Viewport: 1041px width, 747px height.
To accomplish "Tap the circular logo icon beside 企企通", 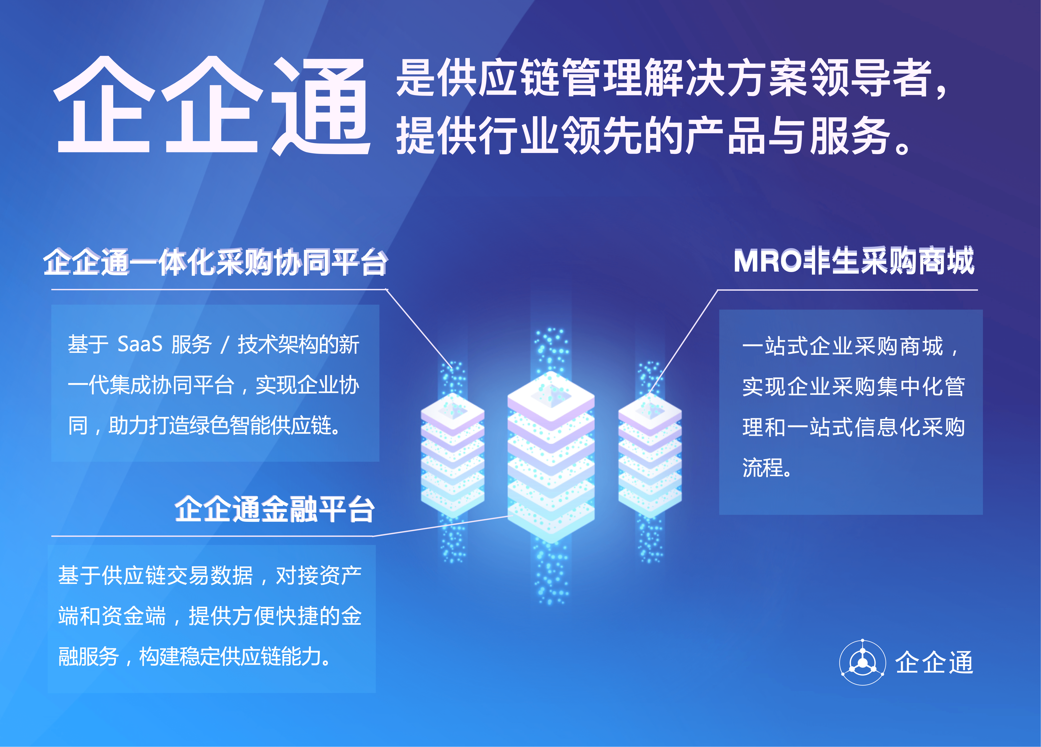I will (863, 662).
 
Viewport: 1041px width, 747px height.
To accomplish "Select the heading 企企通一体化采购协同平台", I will (215, 262).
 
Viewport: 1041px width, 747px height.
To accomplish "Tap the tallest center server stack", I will (551, 459).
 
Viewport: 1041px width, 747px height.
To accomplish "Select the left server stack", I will (453, 457).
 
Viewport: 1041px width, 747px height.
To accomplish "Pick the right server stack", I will (649, 457).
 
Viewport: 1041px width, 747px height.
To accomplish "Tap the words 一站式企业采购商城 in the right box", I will (842, 346).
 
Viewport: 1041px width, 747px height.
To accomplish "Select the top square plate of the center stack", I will (551, 395).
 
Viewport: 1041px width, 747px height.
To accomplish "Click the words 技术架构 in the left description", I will (277, 344).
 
